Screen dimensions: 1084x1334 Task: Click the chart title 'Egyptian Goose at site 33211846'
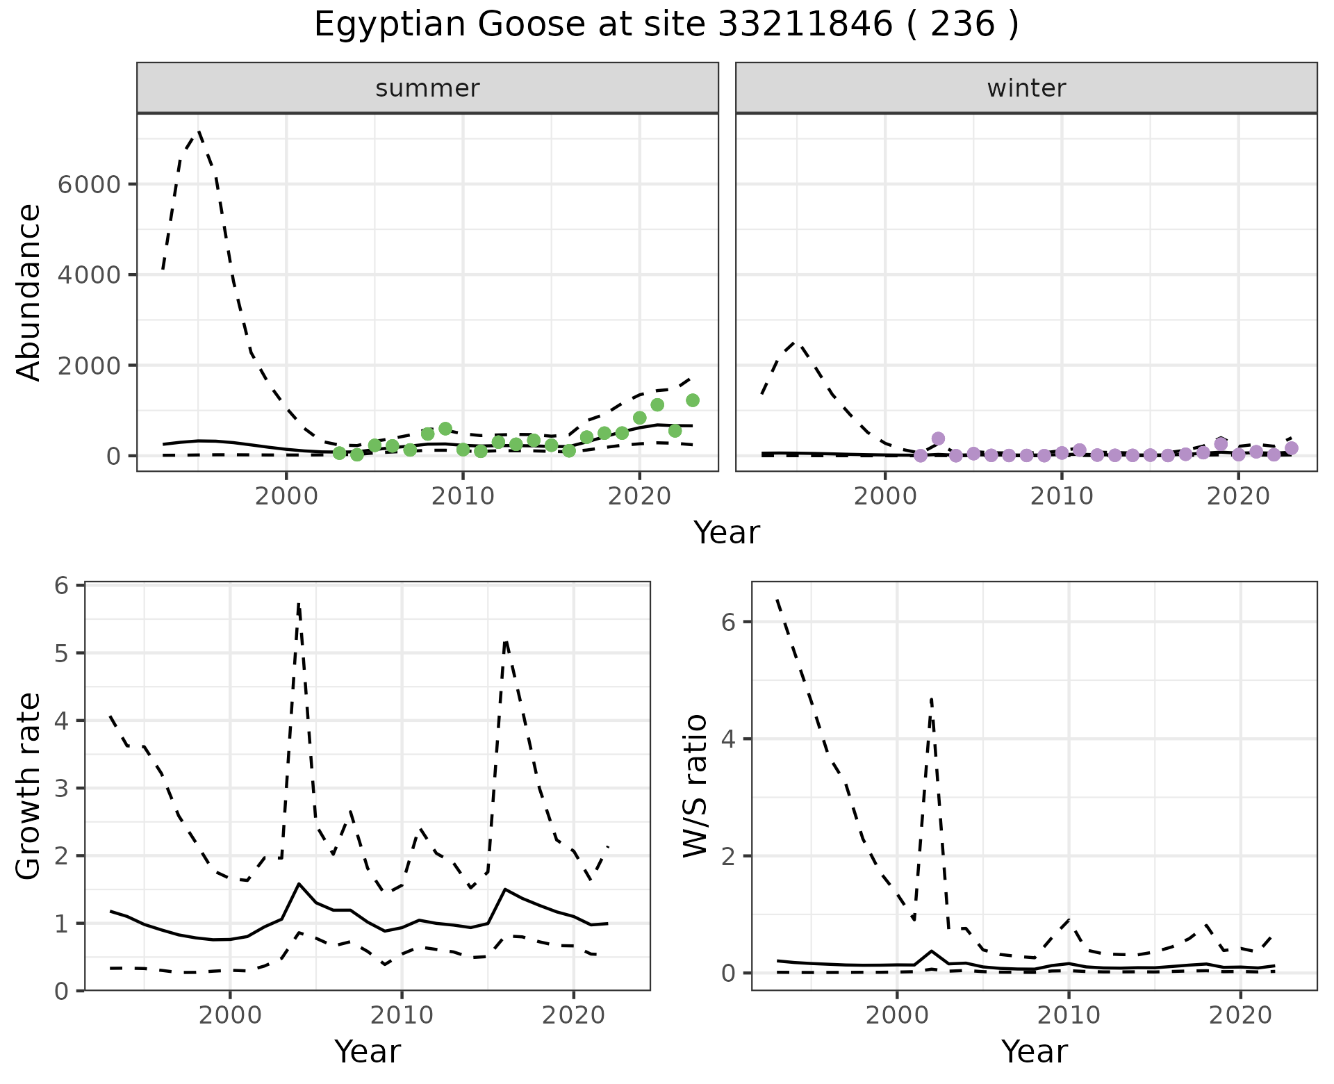tap(666, 25)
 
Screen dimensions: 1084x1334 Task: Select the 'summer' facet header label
tap(427, 88)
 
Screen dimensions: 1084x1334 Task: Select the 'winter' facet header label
tap(1026, 88)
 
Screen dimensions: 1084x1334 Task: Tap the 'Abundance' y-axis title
tap(29, 292)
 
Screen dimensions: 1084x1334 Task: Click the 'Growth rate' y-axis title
tap(29, 786)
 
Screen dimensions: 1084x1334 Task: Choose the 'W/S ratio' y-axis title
tap(695, 786)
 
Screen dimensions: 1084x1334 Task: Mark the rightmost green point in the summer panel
tap(692, 400)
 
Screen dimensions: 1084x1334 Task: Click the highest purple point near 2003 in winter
tap(938, 438)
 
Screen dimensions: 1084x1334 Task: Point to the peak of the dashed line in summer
tap(199, 131)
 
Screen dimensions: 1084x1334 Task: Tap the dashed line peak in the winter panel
tap(797, 342)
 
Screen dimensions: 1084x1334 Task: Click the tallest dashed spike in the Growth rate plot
tap(298, 605)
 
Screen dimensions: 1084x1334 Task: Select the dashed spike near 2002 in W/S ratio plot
tap(931, 698)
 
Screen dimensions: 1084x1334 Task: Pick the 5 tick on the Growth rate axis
tap(61, 653)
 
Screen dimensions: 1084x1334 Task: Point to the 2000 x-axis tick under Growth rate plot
tap(230, 1015)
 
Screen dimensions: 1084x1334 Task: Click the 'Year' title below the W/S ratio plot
tap(1034, 1051)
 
